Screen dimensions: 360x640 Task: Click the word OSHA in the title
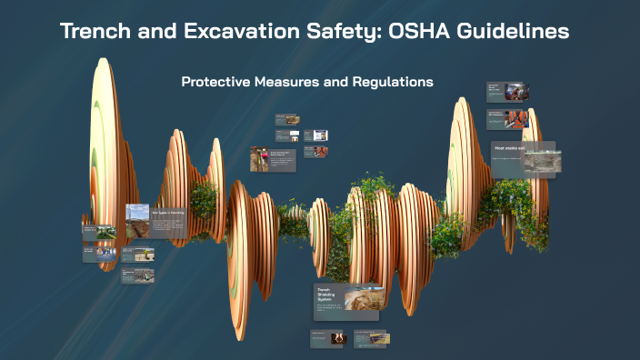(x=412, y=31)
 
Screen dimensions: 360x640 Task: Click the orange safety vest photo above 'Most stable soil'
(x=519, y=118)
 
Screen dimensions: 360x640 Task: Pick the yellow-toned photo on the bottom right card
(x=378, y=338)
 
